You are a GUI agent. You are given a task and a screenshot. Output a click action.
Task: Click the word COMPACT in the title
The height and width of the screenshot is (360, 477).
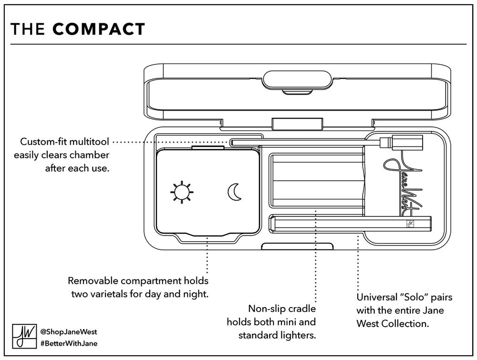tap(99, 29)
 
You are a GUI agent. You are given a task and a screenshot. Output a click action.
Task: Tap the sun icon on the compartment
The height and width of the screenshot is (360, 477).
tap(181, 192)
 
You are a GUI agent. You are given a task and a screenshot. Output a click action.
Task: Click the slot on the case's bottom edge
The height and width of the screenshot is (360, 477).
tap(297, 247)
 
